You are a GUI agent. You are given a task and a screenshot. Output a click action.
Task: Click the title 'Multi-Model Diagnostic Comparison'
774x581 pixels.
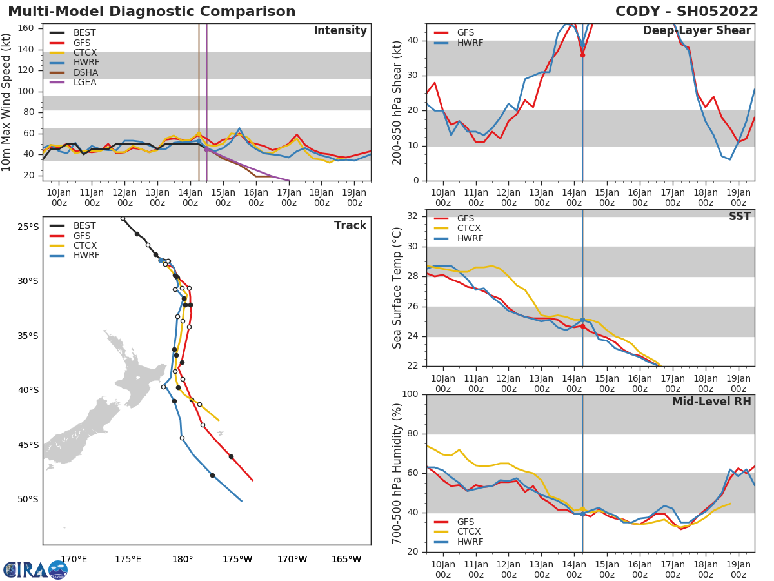click(152, 12)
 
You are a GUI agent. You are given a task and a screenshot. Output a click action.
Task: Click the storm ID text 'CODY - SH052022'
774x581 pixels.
click(687, 12)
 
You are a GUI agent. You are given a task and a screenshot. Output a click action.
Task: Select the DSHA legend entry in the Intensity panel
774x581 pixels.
click(84, 72)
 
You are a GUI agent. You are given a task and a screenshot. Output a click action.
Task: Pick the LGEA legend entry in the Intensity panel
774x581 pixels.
click(84, 82)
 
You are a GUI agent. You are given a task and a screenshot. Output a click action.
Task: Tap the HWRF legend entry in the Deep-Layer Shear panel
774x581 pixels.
click(470, 43)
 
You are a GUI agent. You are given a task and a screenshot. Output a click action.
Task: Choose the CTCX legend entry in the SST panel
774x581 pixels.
click(469, 229)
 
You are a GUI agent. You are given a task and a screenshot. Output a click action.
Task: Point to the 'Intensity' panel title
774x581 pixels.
click(340, 31)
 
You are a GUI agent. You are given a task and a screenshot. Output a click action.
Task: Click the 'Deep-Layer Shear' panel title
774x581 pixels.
click(697, 31)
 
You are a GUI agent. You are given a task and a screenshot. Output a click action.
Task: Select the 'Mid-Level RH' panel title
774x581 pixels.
click(711, 402)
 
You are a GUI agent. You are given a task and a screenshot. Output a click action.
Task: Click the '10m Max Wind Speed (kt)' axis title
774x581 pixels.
click(7, 102)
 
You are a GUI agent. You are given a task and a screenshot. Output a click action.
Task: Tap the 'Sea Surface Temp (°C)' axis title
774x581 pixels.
click(397, 288)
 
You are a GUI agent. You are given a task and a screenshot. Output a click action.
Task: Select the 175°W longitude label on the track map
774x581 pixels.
click(237, 559)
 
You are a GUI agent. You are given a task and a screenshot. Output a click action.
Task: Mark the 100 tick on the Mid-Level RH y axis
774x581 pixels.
click(411, 394)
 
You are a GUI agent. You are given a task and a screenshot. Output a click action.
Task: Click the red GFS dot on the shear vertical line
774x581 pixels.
click(582, 55)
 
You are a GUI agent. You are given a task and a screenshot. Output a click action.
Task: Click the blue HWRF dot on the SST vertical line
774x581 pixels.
click(582, 320)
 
